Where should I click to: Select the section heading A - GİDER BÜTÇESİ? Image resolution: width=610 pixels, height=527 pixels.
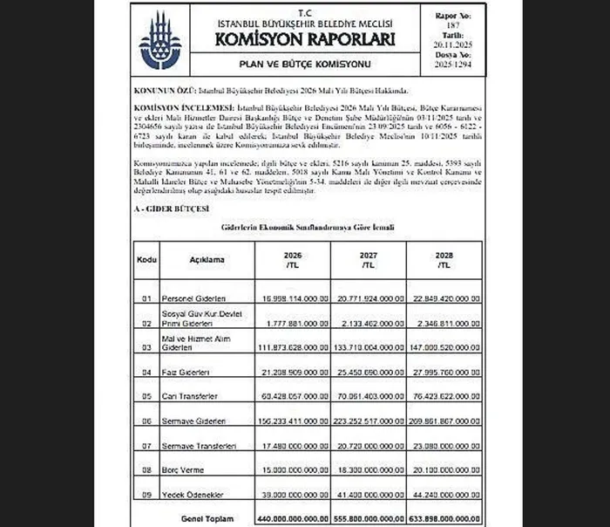pyautogui.click(x=165, y=209)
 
